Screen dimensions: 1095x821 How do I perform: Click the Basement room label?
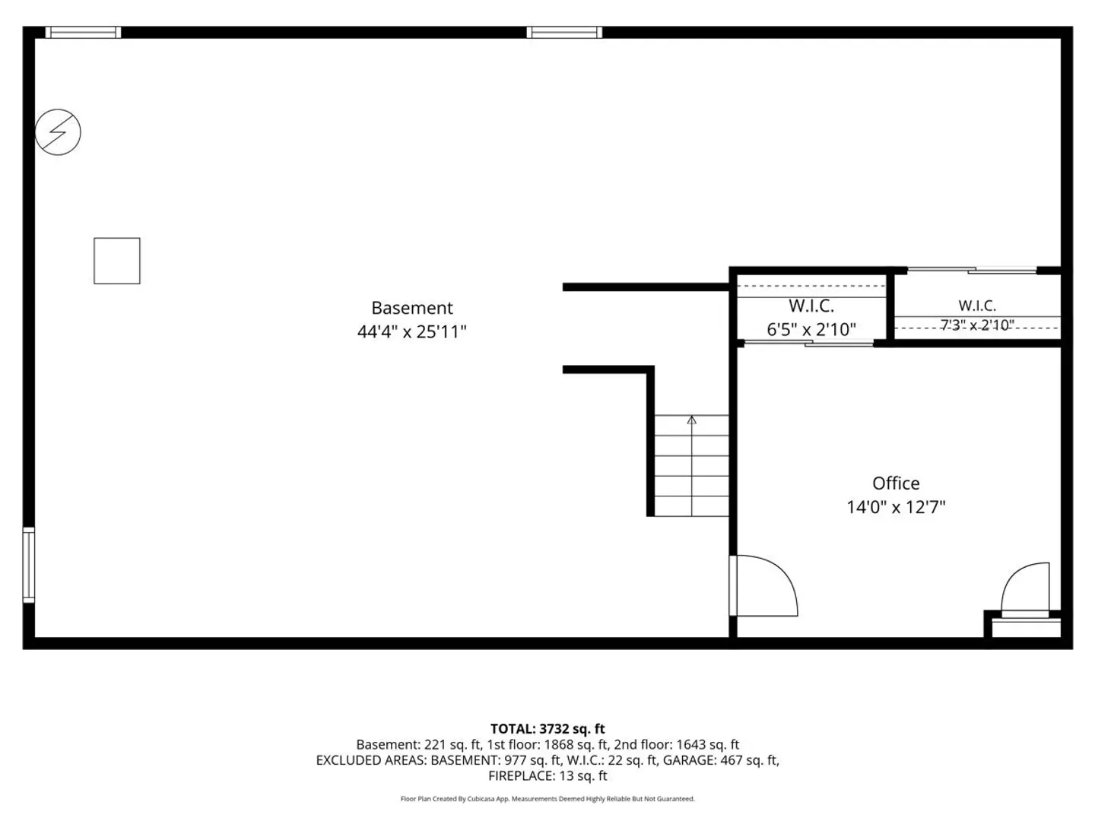411,308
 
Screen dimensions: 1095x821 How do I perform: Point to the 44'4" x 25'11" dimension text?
411,331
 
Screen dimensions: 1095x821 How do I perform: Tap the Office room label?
896,483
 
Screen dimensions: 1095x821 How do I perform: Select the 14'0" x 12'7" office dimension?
896,507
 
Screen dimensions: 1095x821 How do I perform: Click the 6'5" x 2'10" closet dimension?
811,329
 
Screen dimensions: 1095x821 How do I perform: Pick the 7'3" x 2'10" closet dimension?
977,325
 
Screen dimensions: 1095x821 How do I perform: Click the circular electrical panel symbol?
58,132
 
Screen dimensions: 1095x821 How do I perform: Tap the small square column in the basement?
117,261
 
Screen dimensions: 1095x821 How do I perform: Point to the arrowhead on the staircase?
691,420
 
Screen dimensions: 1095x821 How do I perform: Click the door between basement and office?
763,585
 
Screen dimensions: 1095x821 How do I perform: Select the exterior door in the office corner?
1025,590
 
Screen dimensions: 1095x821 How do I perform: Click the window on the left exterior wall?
29,565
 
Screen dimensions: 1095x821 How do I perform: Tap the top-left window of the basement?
84,33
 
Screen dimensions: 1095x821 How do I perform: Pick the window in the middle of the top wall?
564,33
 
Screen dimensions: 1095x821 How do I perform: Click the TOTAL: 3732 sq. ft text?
547,729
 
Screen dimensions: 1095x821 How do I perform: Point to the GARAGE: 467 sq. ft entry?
721,760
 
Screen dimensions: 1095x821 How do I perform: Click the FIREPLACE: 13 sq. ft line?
547,775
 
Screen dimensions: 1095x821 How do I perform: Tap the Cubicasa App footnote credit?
547,799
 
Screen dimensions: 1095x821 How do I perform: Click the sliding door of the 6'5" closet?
808,343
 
